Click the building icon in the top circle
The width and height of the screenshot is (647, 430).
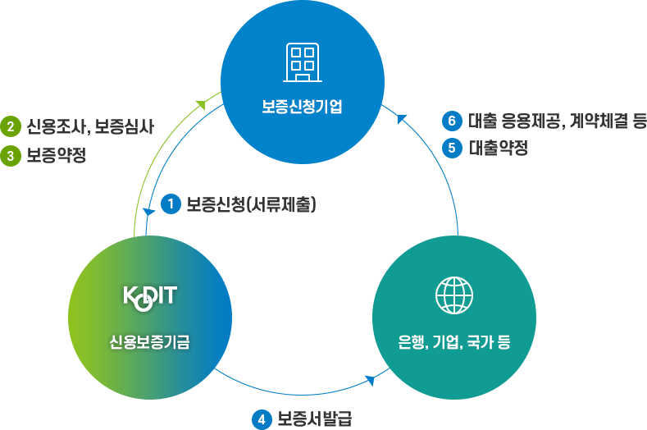point(303,62)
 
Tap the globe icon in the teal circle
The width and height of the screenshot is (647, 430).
point(454,295)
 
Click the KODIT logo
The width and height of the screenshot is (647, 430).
point(150,298)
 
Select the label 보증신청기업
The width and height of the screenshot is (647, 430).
point(302,107)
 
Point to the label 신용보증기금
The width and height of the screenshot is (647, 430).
point(149,342)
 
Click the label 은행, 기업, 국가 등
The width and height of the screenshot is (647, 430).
point(454,342)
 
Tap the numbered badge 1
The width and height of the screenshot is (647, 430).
point(171,204)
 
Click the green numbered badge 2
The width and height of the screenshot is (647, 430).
point(11,126)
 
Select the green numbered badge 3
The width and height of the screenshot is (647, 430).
point(11,156)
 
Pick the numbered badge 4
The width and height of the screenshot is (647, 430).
point(262,419)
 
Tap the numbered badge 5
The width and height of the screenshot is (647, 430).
point(452,148)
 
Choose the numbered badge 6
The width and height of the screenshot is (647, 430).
point(452,121)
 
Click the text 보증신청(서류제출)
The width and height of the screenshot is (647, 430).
point(251,204)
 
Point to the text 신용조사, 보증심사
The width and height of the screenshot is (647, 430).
point(90,126)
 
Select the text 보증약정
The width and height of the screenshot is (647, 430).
point(57,156)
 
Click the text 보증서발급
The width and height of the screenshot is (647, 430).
point(315,419)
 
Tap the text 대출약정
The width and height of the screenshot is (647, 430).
point(499,148)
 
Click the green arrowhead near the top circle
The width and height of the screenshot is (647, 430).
point(201,104)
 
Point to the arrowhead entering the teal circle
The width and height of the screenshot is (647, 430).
point(371,380)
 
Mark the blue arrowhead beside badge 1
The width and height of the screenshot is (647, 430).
point(148,211)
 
